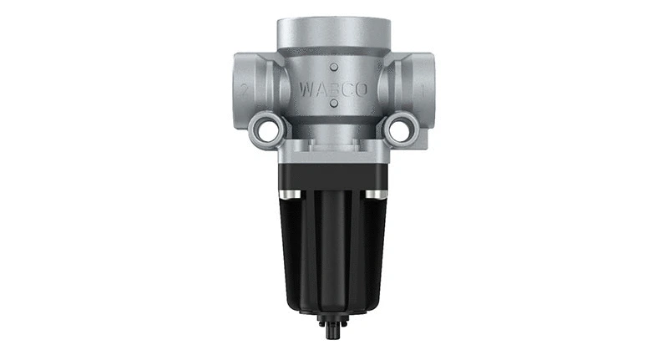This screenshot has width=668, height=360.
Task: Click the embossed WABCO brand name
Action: [333, 88]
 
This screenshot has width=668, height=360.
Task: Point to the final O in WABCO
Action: [361, 88]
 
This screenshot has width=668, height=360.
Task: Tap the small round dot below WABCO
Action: [333, 104]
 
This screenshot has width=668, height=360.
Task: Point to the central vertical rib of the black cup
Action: [333, 251]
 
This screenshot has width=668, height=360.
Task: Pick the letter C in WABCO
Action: [347, 88]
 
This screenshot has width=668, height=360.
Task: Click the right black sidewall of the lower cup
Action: [381, 251]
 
